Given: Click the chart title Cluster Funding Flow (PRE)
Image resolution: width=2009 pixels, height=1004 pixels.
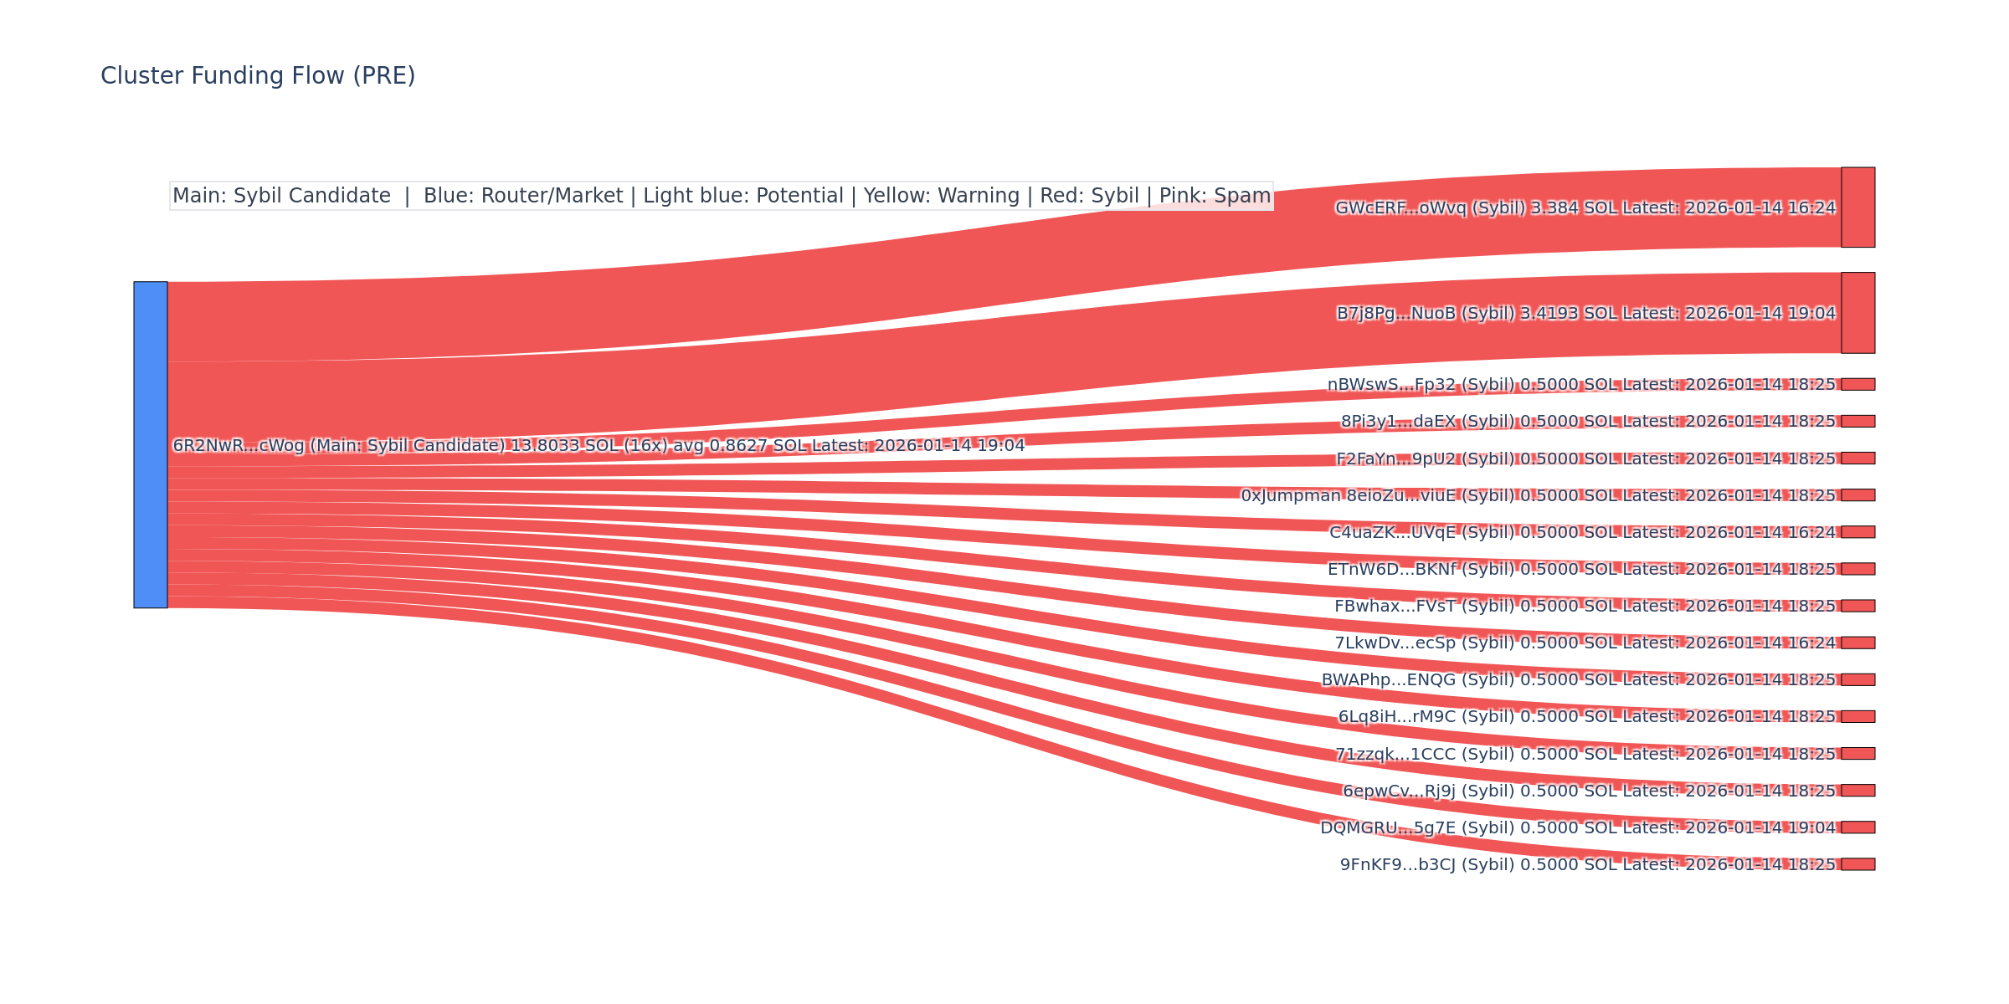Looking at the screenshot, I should [x=258, y=76].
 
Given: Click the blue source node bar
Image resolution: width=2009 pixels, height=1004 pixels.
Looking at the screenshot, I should [x=151, y=444].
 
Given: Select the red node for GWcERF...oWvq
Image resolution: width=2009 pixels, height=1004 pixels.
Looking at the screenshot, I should [x=1857, y=207].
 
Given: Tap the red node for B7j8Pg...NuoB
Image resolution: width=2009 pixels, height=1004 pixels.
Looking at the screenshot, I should [x=1857, y=313].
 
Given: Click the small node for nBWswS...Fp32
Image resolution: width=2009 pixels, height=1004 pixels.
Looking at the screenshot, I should [x=1857, y=384].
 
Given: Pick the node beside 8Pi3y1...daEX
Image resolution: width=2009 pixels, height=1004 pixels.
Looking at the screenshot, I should [x=1857, y=421].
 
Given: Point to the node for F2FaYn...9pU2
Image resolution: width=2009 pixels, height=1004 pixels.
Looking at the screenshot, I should [x=1857, y=458].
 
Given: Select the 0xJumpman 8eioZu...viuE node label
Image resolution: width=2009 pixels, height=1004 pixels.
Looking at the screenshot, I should [x=1538, y=495].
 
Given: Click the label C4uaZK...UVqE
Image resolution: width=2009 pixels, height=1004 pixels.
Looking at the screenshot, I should [x=1582, y=532].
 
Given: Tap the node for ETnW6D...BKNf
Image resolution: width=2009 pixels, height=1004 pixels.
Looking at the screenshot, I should [x=1857, y=569].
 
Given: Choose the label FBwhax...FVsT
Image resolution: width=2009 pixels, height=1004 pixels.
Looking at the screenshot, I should [x=1585, y=606].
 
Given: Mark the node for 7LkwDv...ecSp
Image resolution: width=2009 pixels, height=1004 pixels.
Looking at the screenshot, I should [x=1857, y=643].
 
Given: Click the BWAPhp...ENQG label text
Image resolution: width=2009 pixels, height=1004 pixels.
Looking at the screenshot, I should [x=1578, y=679].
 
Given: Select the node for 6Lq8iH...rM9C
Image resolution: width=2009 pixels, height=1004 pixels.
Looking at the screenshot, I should [x=1857, y=716].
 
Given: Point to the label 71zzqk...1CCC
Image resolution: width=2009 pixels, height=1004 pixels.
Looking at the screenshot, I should [x=1585, y=754].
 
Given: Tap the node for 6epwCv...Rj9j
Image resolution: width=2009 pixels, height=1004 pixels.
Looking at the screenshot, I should [x=1857, y=791].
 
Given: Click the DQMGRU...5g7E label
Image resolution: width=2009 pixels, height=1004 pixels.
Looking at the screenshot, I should [x=1577, y=827].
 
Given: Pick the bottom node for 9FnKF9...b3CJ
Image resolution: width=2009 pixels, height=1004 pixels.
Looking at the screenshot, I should [x=1857, y=864].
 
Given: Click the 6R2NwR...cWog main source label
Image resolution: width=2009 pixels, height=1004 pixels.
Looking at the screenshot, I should [x=599, y=445].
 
